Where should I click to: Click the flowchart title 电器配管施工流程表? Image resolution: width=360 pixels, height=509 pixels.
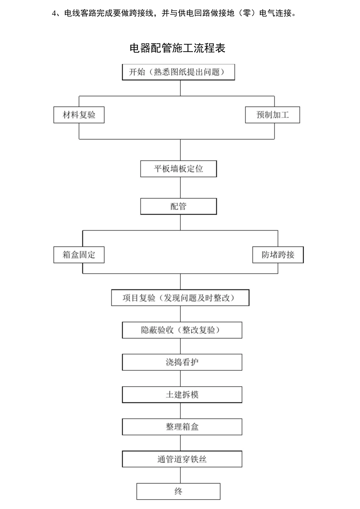coord(177,48)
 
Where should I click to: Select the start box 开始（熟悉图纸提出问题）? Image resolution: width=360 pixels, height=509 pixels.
coord(178,72)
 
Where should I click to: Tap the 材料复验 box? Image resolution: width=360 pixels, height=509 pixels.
coord(79,115)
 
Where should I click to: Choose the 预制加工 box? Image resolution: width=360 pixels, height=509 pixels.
coord(272,115)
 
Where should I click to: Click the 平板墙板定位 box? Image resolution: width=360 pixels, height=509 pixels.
coord(178,169)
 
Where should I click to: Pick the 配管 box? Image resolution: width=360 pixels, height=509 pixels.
coord(178,206)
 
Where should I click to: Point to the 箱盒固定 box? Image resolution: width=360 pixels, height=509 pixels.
coord(79,255)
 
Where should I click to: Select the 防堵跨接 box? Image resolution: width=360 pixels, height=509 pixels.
coord(278,255)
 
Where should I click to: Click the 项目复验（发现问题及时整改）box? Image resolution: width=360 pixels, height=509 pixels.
coord(180,298)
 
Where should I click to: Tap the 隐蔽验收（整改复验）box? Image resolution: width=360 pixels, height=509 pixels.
coord(182,330)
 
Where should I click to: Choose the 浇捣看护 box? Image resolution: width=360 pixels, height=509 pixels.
coord(182,362)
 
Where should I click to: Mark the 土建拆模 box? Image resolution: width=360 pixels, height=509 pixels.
coord(182,395)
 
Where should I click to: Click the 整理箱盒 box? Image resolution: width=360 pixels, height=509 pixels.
coord(182,427)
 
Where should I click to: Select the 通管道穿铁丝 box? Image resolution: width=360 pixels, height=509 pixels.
coord(182,459)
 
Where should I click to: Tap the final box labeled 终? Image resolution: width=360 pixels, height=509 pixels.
coord(178,492)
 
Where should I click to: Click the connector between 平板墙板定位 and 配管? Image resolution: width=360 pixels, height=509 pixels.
coord(180,188)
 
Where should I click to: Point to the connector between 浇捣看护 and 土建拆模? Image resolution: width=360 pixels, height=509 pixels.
coord(180,379)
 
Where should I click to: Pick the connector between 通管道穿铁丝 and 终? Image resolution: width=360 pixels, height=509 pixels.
coord(180,476)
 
